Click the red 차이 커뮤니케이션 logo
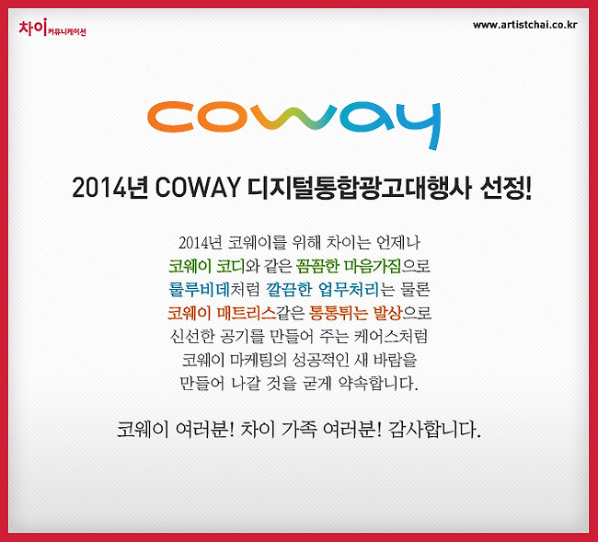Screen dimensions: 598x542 coord(52,28)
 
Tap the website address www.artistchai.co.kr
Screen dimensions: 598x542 coord(525,25)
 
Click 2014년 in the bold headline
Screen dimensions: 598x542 coord(109,188)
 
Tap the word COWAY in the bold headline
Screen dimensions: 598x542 coord(198,188)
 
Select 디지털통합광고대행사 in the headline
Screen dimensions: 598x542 coord(359,188)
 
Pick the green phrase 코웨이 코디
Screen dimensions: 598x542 coord(206,266)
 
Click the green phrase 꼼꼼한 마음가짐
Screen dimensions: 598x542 coord(348,266)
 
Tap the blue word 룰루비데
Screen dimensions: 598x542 coord(199,290)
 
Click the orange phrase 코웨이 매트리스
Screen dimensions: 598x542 coord(222,313)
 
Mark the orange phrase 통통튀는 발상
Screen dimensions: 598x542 coord(355,313)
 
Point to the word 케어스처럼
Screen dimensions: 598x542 coord(391,337)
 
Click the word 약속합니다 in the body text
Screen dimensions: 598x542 coord(378,384)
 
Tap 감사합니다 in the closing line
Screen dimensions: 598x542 coord(434,430)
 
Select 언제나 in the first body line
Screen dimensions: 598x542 coord(397,243)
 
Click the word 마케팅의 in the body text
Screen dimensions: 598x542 coord(259,360)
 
